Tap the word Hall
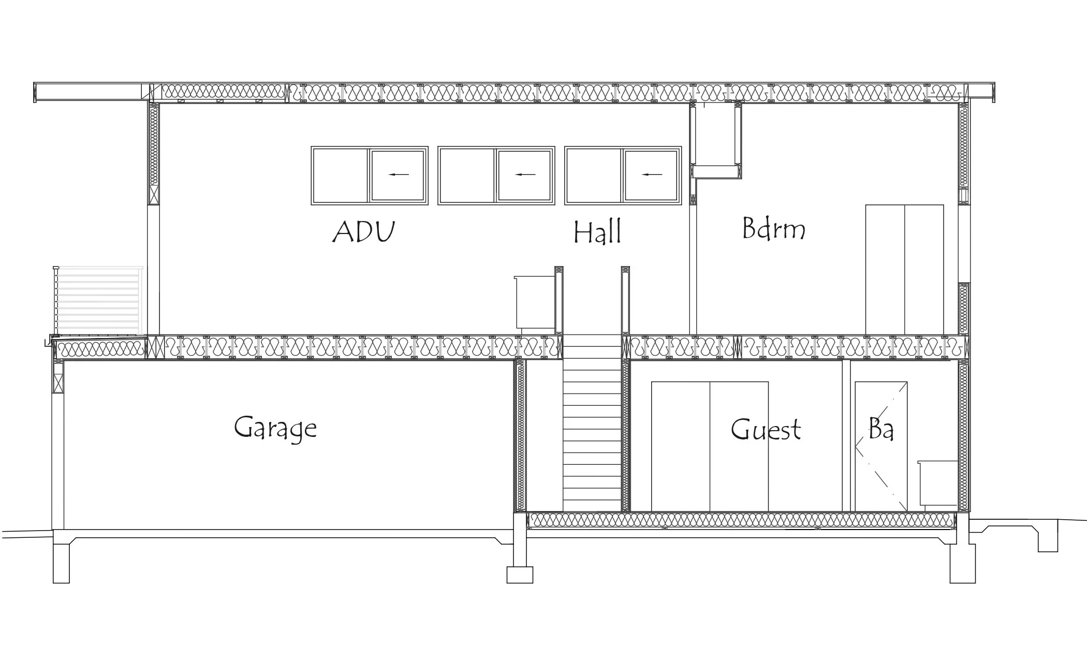click(597, 232)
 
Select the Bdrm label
click(773, 228)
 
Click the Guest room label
click(766, 430)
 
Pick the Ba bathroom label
click(881, 429)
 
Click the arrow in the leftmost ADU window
click(399, 174)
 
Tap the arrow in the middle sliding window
click(525, 174)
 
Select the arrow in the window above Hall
click(652, 174)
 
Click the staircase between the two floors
click(592, 424)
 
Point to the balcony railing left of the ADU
click(98, 300)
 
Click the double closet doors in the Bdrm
click(904, 269)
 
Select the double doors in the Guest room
click(709, 446)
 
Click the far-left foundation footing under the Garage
click(61, 562)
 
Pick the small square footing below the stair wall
click(519, 575)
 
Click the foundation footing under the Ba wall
click(962, 562)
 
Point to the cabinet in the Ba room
click(938, 482)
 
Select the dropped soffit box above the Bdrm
click(716, 140)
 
